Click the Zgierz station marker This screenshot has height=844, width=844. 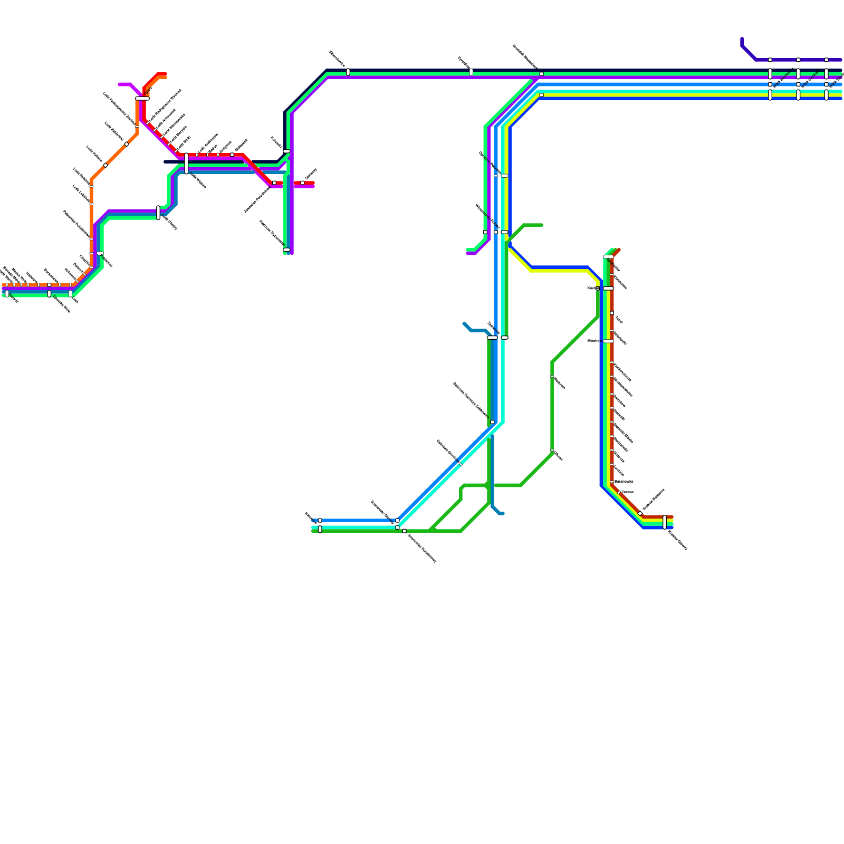tap(142, 98)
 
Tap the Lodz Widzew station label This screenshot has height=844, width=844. tap(198, 180)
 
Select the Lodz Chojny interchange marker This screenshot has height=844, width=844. tap(158, 213)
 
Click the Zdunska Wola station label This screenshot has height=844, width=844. tap(62, 305)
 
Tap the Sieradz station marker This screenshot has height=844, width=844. tap(7, 294)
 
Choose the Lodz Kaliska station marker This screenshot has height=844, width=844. tap(105, 165)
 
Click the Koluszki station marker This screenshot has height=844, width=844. tap(286, 151)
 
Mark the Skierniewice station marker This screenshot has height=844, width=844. tap(348, 72)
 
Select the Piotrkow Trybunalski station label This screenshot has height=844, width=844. tap(272, 232)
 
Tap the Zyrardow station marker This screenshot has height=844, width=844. tap(471, 72)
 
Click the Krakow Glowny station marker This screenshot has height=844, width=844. tap(665, 522)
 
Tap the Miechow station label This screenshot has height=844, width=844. tap(594, 341)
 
